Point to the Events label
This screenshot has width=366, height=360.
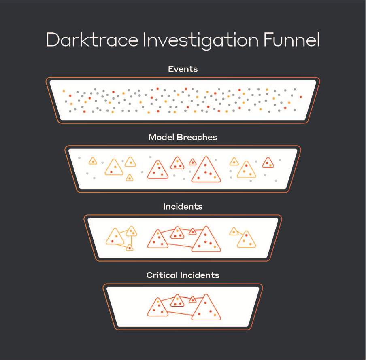tap(183, 69)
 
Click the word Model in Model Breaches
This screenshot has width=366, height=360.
tap(161, 137)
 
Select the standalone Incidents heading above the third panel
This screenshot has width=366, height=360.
tap(183, 207)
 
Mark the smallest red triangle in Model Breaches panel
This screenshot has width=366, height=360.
tap(193, 162)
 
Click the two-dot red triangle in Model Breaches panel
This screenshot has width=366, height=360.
tap(268, 163)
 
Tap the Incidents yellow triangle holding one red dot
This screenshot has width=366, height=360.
tap(129, 247)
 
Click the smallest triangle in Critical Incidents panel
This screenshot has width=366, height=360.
tap(193, 300)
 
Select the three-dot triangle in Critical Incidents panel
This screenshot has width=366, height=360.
tap(177, 301)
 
